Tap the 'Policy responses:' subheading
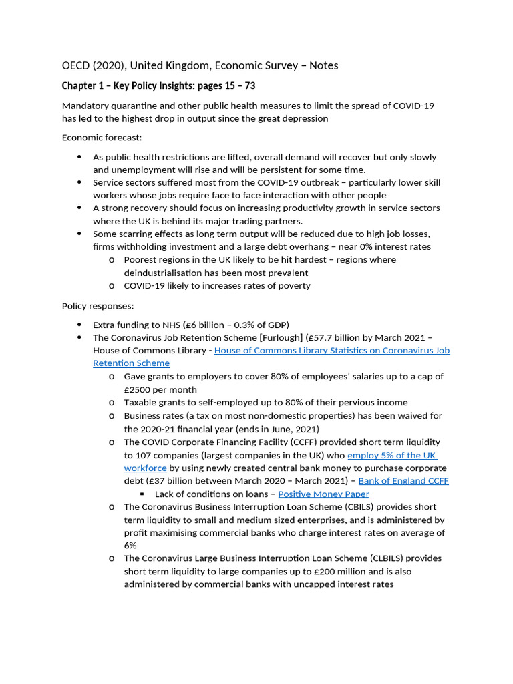[x=98, y=305]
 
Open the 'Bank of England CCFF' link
[x=403, y=481]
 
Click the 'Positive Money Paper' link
[x=323, y=494]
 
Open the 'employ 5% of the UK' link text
[x=391, y=455]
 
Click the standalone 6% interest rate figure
[x=130, y=546]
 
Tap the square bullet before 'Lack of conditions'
[x=142, y=494]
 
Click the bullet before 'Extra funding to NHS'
[x=79, y=325]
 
